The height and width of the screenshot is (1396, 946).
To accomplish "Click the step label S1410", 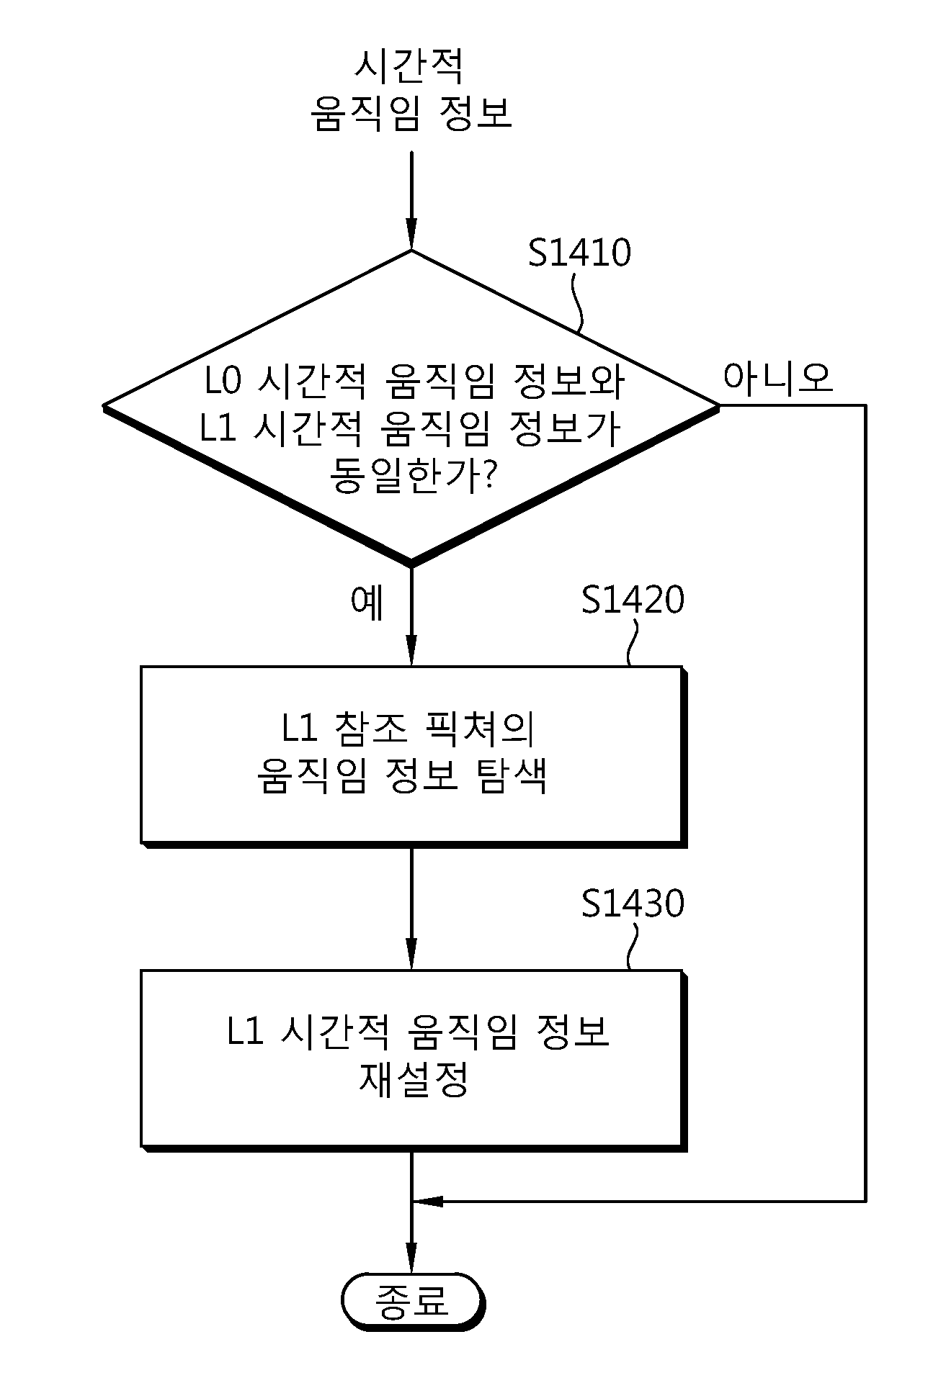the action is [579, 253].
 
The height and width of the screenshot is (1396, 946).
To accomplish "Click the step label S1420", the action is [633, 599].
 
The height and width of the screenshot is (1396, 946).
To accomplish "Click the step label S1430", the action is [633, 903].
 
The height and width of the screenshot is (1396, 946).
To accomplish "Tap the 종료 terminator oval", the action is [411, 1300].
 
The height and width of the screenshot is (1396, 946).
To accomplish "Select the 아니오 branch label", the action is [777, 377].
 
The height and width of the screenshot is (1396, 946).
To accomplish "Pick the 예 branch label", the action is [367, 603].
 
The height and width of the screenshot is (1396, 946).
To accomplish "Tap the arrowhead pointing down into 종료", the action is [411, 1260].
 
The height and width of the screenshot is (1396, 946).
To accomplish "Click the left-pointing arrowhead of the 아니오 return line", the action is [429, 1202].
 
